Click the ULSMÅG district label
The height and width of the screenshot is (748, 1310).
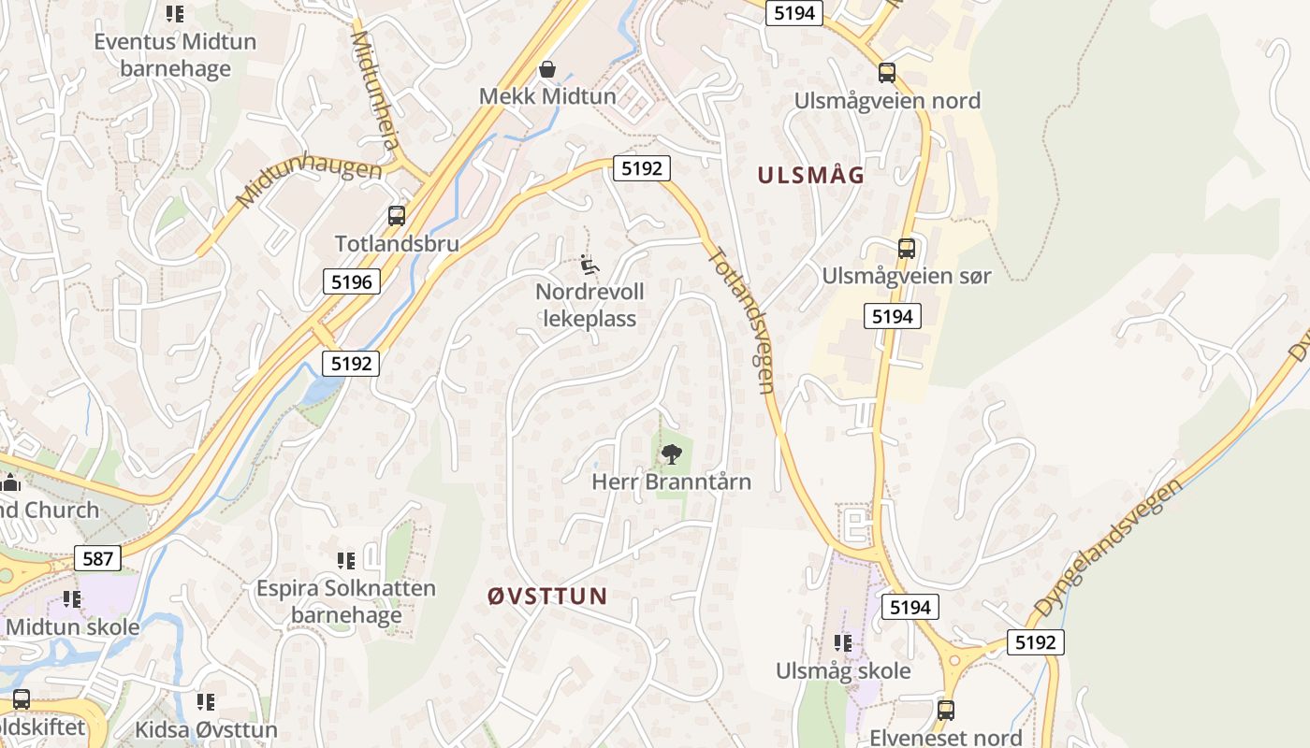pyautogui.click(x=810, y=176)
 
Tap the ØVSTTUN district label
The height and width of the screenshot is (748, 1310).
pyautogui.click(x=547, y=596)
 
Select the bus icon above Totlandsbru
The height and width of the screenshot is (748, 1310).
pyautogui.click(x=397, y=216)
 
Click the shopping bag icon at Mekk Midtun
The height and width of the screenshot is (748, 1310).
pyautogui.click(x=547, y=69)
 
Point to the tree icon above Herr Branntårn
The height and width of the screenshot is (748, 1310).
pyautogui.click(x=671, y=454)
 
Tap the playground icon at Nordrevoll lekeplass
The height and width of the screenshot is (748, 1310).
pyautogui.click(x=589, y=265)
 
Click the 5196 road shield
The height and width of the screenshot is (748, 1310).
pyautogui.click(x=352, y=281)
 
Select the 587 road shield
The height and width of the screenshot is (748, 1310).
pyautogui.click(x=97, y=559)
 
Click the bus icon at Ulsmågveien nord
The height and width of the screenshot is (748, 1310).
pyautogui.click(x=886, y=73)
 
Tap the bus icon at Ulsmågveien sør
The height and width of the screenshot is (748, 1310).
pyautogui.click(x=906, y=249)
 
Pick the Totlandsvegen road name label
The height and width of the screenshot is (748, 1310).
pyautogui.click(x=744, y=318)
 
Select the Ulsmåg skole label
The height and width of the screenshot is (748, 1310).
pyautogui.click(x=843, y=670)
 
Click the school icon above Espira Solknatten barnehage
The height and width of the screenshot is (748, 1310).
pyautogui.click(x=346, y=561)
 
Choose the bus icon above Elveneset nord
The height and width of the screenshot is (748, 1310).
pyautogui.click(x=946, y=710)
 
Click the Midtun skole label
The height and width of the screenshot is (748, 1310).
pyautogui.click(x=73, y=626)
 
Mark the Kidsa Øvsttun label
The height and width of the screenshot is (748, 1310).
pyautogui.click(x=206, y=729)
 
